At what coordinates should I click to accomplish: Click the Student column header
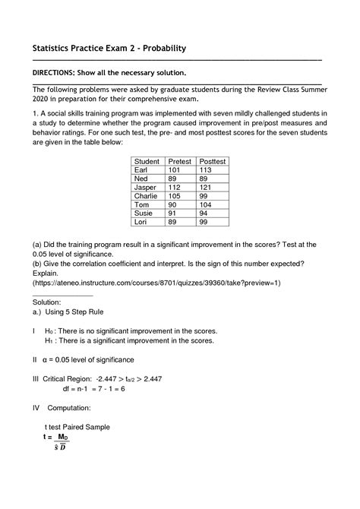147,162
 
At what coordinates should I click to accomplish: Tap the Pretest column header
179,162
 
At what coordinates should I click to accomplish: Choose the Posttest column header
212,162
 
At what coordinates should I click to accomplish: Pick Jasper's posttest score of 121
205,187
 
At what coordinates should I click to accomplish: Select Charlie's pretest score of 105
175,196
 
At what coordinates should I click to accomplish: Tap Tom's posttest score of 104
205,204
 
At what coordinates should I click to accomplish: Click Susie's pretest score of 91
172,213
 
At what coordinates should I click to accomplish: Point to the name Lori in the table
141,222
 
